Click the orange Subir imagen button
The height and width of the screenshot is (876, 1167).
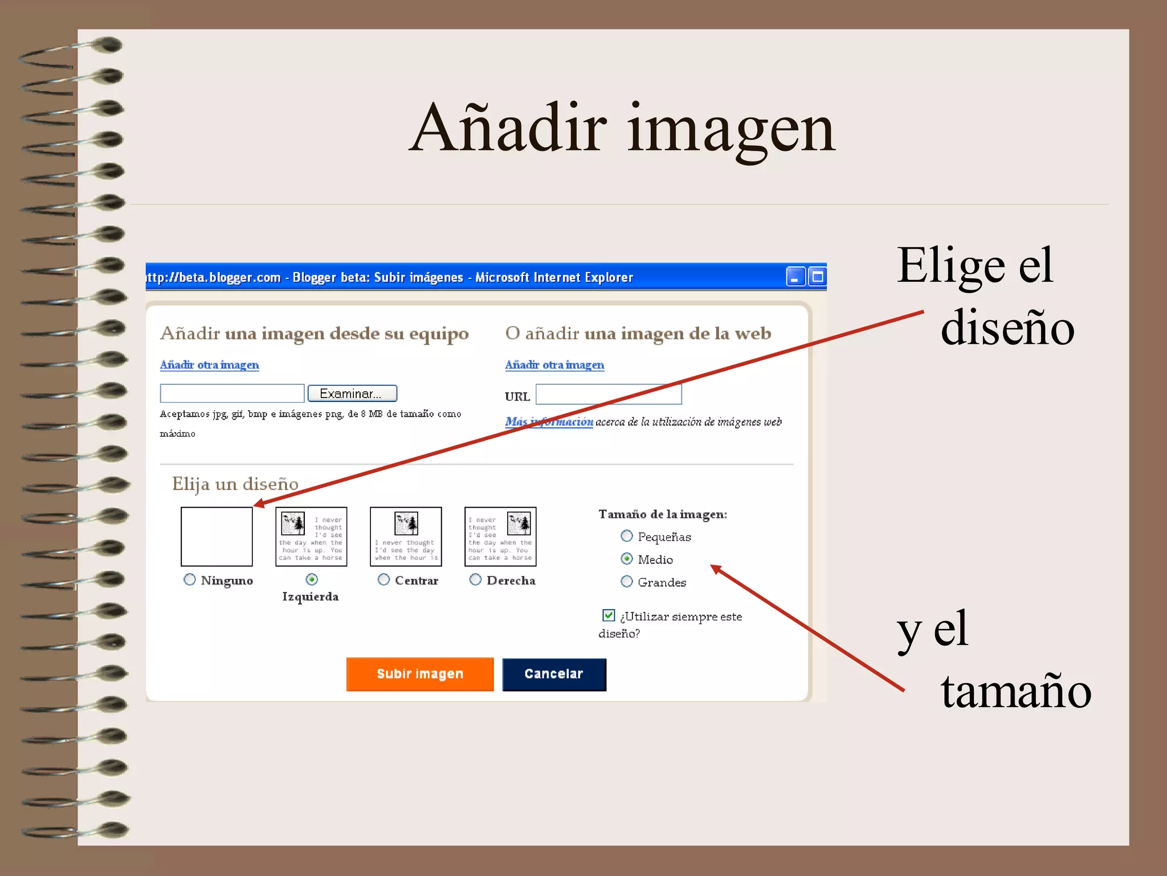point(420,674)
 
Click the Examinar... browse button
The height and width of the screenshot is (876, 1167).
point(352,394)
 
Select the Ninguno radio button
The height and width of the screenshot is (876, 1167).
point(190,579)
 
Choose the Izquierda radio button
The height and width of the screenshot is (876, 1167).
point(312,579)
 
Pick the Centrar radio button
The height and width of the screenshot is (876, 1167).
point(384,579)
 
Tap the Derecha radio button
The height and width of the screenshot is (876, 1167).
point(475,579)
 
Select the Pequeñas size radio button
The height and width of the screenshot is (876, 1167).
point(627,536)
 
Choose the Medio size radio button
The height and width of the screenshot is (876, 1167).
point(627,559)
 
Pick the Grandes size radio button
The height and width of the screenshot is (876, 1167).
point(627,582)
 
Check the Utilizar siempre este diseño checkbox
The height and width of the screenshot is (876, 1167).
point(609,615)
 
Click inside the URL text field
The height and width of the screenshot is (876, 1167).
point(609,394)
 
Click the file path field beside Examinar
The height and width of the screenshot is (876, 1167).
point(232,394)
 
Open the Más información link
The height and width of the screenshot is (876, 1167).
point(549,422)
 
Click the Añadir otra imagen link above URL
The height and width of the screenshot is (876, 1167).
point(554,365)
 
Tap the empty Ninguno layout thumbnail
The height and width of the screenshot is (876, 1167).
point(217,537)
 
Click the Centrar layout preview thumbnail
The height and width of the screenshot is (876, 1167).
point(406,537)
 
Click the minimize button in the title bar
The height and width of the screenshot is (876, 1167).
point(795,277)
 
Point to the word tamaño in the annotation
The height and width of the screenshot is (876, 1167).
point(1015,691)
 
